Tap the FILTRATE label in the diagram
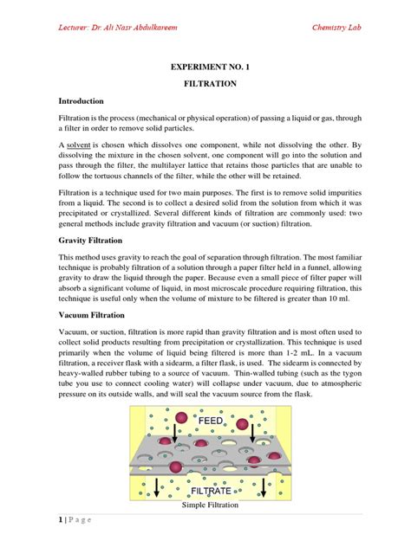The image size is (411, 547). pos(205,490)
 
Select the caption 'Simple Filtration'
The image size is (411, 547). pos(205,505)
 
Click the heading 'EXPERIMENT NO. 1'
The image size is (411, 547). pos(205,67)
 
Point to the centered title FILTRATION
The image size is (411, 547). pos(205,87)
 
